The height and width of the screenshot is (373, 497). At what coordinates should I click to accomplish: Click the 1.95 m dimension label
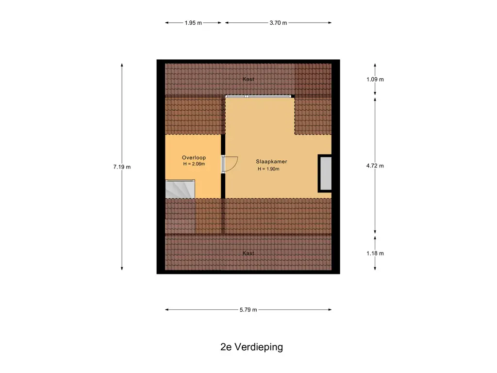click(x=193, y=23)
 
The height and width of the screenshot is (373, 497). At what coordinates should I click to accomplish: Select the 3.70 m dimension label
click(x=278, y=23)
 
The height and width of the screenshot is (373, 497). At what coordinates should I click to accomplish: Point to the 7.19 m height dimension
click(x=122, y=167)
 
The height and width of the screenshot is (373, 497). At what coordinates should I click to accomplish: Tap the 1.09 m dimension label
click(x=375, y=79)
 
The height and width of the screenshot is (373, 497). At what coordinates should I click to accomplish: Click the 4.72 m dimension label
click(x=375, y=166)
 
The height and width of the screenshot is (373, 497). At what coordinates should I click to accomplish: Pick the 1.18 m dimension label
click(x=375, y=253)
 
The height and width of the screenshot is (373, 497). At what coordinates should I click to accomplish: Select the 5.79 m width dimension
click(x=248, y=309)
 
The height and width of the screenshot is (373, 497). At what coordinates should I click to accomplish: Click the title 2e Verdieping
click(x=252, y=347)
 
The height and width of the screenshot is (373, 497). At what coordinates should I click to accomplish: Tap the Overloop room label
click(x=194, y=158)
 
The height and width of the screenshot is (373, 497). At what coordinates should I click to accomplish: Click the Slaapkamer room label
click(x=272, y=161)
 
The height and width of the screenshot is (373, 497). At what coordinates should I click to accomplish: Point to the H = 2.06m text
click(x=194, y=164)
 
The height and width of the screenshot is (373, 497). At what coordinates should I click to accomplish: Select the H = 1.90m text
click(x=268, y=169)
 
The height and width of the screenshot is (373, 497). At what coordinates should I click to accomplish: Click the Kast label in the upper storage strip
click(x=248, y=79)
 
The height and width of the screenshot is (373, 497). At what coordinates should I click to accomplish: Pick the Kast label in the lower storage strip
click(x=248, y=253)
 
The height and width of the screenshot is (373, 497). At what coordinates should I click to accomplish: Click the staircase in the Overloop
click(x=180, y=189)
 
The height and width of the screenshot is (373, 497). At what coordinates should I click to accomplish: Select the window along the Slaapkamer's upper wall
click(x=258, y=96)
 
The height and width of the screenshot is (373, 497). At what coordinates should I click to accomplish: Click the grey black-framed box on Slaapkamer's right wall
click(x=325, y=173)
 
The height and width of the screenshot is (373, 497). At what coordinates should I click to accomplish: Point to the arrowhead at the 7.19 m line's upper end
click(x=122, y=65)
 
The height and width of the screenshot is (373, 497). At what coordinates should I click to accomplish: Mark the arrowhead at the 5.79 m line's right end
click(x=330, y=309)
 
